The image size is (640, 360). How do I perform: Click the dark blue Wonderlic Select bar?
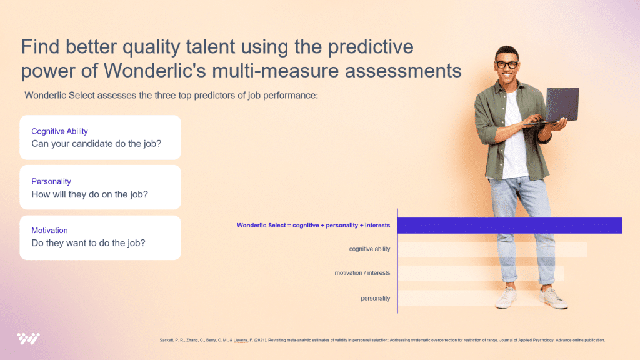pyautogui.click(x=510, y=226)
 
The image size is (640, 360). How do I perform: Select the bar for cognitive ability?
pyautogui.click(x=492, y=249)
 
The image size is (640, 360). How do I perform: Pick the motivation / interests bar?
pyautogui.click(x=481, y=274)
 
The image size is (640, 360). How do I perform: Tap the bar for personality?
pyautogui.click(x=470, y=298)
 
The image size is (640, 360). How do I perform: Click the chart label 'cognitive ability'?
pyautogui.click(x=369, y=249)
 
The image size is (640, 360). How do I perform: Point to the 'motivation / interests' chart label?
pyautogui.click(x=362, y=273)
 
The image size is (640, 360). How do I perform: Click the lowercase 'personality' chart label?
pyautogui.click(x=375, y=298)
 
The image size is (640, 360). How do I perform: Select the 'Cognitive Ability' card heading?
pyautogui.click(x=59, y=131)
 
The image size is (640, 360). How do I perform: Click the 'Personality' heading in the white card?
pyautogui.click(x=51, y=182)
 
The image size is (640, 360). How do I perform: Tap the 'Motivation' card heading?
pyautogui.click(x=49, y=231)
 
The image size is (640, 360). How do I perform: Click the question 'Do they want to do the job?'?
pyautogui.click(x=88, y=243)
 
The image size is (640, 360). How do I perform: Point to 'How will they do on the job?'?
pyautogui.click(x=90, y=194)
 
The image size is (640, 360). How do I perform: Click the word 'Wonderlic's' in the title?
pyautogui.click(x=155, y=70)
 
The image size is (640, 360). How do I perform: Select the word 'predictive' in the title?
pyautogui.click(x=371, y=46)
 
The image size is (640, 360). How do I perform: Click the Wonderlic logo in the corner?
pyautogui.click(x=28, y=339)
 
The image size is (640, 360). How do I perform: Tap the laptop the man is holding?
pyautogui.click(x=557, y=106)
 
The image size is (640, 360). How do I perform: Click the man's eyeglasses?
pyautogui.click(x=507, y=64)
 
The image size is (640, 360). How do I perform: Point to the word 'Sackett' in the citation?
pyautogui.click(x=166, y=340)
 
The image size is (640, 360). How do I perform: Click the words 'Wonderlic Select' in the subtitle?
pyautogui.click(x=59, y=96)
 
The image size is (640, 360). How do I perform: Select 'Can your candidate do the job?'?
pyautogui.click(x=96, y=144)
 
